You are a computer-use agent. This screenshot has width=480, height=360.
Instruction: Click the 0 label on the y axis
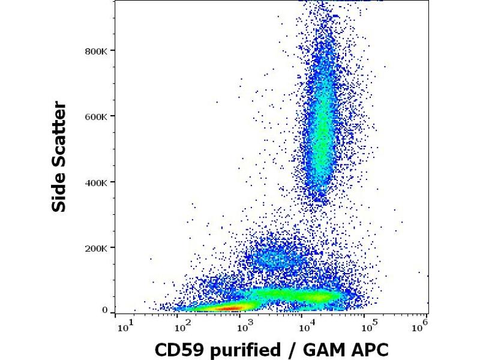pyautogui.click(x=105, y=310)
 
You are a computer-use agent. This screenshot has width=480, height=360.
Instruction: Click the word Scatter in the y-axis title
pyautogui.click(x=59, y=136)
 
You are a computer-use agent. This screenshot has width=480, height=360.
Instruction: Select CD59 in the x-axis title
pyautogui.click(x=179, y=349)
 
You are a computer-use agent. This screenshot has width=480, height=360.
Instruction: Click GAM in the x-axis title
pyautogui.click(x=316, y=349)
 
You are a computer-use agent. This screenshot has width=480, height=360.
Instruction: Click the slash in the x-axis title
pyautogui.click(x=289, y=349)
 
